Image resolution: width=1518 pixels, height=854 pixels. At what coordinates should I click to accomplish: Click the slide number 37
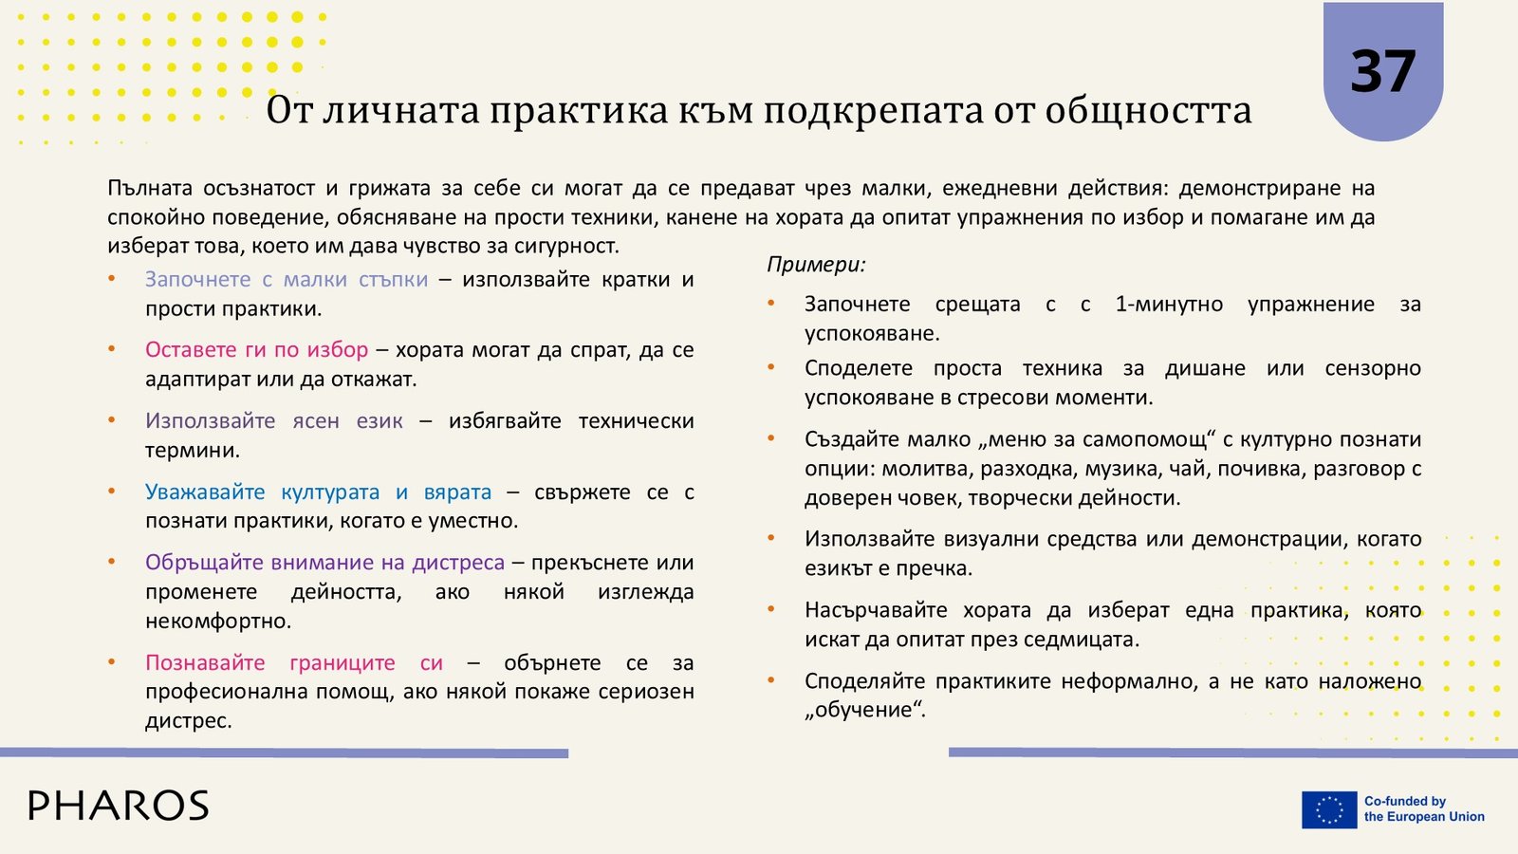(1382, 71)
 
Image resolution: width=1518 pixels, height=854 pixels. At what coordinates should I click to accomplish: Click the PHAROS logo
(119, 806)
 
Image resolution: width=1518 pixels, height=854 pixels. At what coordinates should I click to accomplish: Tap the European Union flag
(1329, 809)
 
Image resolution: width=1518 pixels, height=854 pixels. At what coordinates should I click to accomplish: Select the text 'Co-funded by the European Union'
(1424, 809)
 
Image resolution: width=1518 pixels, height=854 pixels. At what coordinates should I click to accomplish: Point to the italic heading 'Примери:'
(817, 265)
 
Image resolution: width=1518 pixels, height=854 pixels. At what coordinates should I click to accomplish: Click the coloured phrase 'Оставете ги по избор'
(257, 350)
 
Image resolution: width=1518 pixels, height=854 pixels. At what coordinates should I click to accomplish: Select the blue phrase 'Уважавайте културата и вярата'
(319, 492)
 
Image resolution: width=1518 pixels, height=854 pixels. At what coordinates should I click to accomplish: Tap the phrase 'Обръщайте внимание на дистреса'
(325, 563)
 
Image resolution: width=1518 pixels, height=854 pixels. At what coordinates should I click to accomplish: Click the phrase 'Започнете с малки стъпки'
(287, 279)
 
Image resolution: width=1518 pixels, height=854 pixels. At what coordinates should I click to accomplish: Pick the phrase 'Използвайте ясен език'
(274, 421)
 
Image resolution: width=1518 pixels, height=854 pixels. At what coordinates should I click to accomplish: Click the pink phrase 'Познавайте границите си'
(294, 663)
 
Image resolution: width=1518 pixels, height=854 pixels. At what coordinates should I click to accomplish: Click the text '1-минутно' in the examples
(1169, 305)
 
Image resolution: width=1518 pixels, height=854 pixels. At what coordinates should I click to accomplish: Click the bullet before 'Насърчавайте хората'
(771, 608)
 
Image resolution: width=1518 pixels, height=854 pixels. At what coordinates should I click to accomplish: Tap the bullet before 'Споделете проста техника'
(771, 366)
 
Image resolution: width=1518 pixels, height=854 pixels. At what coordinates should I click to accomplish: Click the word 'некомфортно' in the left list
(218, 621)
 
